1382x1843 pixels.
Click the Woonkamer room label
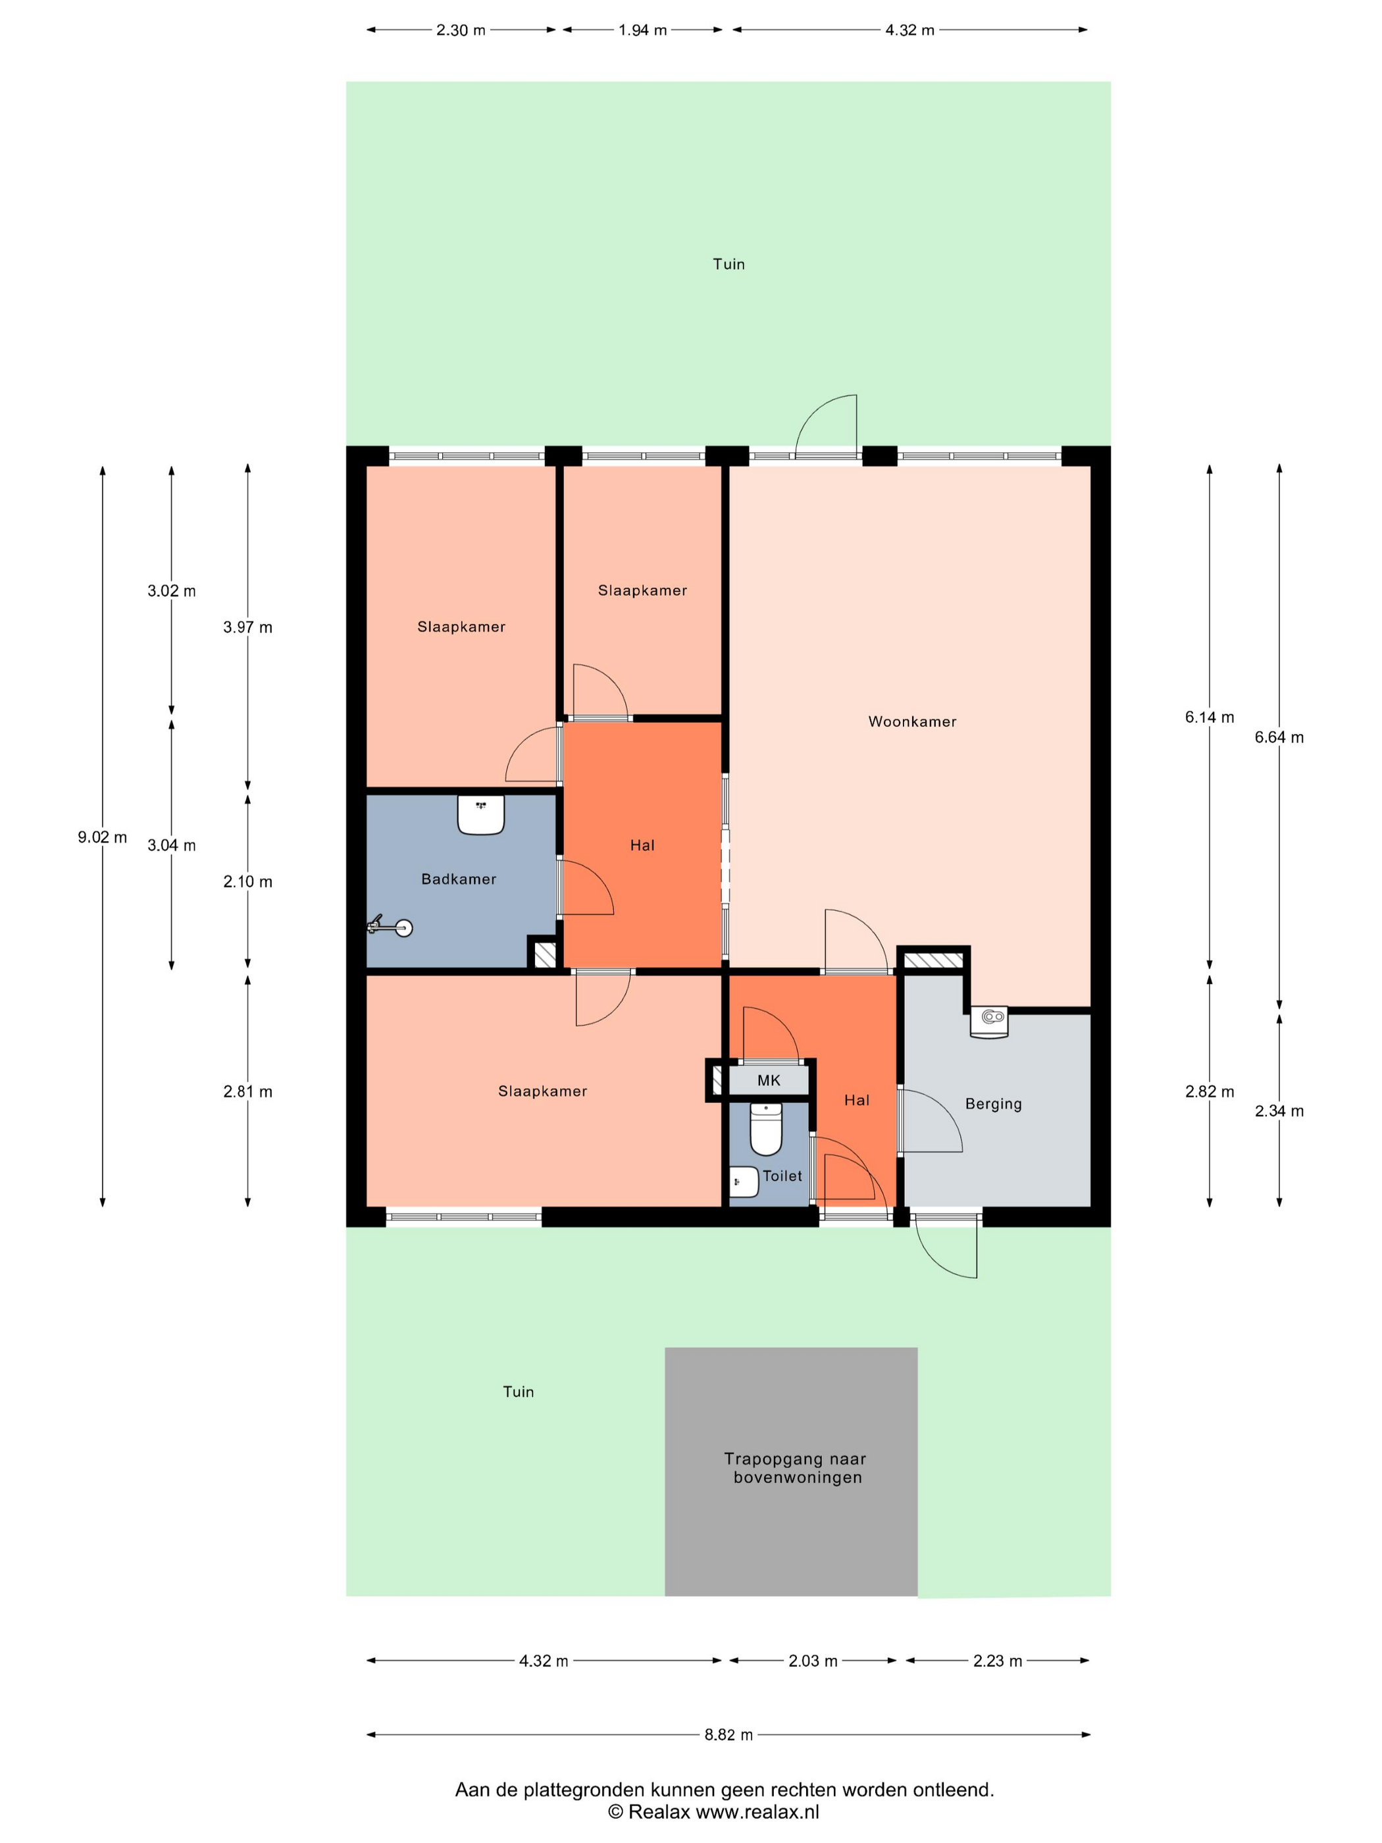click(912, 721)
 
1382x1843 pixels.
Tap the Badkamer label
click(458, 879)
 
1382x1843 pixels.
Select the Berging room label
click(993, 1104)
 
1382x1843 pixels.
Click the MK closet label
click(769, 1081)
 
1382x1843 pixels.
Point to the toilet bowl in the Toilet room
click(765, 1129)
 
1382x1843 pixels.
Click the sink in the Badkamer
click(480, 815)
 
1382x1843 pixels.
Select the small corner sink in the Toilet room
click(743, 1182)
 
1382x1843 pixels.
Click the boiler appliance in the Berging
click(990, 1022)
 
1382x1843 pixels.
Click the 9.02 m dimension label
click(103, 837)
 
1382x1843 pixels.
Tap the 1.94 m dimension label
click(642, 30)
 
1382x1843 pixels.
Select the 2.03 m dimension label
click(813, 1661)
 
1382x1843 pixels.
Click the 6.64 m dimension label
click(1279, 737)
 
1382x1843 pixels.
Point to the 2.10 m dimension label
click(247, 881)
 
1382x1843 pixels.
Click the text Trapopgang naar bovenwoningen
click(796, 1468)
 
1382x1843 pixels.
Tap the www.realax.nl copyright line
click(714, 1811)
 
